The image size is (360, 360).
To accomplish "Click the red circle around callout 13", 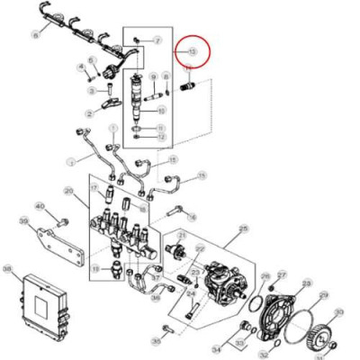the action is (192, 54).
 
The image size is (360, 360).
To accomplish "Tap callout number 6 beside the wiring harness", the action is (35, 35).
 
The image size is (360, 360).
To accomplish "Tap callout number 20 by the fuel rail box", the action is (69, 191).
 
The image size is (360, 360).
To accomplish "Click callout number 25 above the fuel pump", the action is (242, 229).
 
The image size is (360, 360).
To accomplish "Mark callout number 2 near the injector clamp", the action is (91, 113).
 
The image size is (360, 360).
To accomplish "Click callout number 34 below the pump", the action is (216, 347).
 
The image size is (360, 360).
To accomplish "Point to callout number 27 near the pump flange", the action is (282, 274).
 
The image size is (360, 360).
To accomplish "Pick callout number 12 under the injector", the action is (161, 138).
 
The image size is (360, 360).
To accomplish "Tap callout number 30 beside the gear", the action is (339, 313).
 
